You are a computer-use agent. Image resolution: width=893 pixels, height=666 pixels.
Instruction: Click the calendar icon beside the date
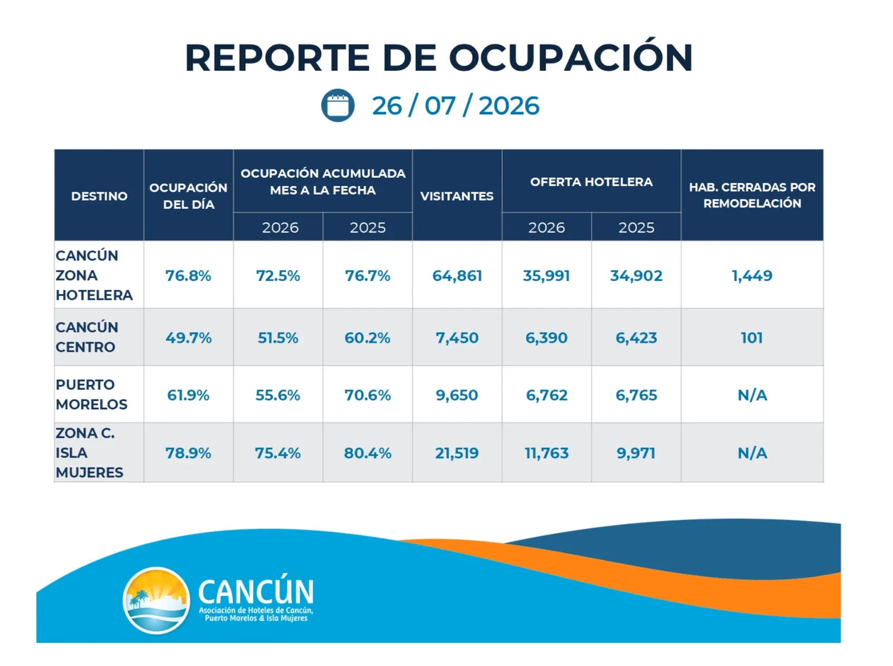tap(337, 105)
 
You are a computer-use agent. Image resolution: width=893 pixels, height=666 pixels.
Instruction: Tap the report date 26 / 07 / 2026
tap(455, 106)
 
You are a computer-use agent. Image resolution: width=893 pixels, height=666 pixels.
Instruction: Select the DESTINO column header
tap(99, 196)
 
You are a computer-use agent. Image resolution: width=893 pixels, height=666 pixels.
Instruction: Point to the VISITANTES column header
tap(457, 196)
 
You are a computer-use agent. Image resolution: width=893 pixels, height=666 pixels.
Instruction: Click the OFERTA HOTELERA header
tap(591, 182)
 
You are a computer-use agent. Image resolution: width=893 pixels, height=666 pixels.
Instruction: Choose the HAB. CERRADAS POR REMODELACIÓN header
tap(752, 195)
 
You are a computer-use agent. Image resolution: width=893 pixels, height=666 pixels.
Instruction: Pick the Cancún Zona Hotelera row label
tap(94, 275)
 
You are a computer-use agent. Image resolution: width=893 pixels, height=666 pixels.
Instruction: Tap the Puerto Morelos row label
tap(92, 394)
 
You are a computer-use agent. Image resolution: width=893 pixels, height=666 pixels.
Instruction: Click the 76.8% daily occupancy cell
tap(188, 276)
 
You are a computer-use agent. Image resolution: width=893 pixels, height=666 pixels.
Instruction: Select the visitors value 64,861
tap(457, 276)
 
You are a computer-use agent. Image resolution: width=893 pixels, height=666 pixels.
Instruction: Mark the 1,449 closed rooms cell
tap(752, 276)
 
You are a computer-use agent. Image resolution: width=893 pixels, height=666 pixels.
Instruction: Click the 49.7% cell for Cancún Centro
tap(188, 338)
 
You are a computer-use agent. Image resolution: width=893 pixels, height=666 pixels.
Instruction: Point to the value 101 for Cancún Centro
tap(752, 338)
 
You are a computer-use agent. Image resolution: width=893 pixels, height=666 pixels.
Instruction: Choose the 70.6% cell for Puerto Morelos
tap(368, 395)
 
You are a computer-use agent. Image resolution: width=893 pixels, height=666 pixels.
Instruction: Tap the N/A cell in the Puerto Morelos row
tap(752, 395)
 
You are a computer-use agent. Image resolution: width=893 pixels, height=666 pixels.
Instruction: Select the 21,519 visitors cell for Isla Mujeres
tap(457, 453)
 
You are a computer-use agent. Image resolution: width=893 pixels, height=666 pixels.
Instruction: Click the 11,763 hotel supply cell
tap(546, 453)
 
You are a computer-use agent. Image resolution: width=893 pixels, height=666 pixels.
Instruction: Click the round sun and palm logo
tap(156, 601)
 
